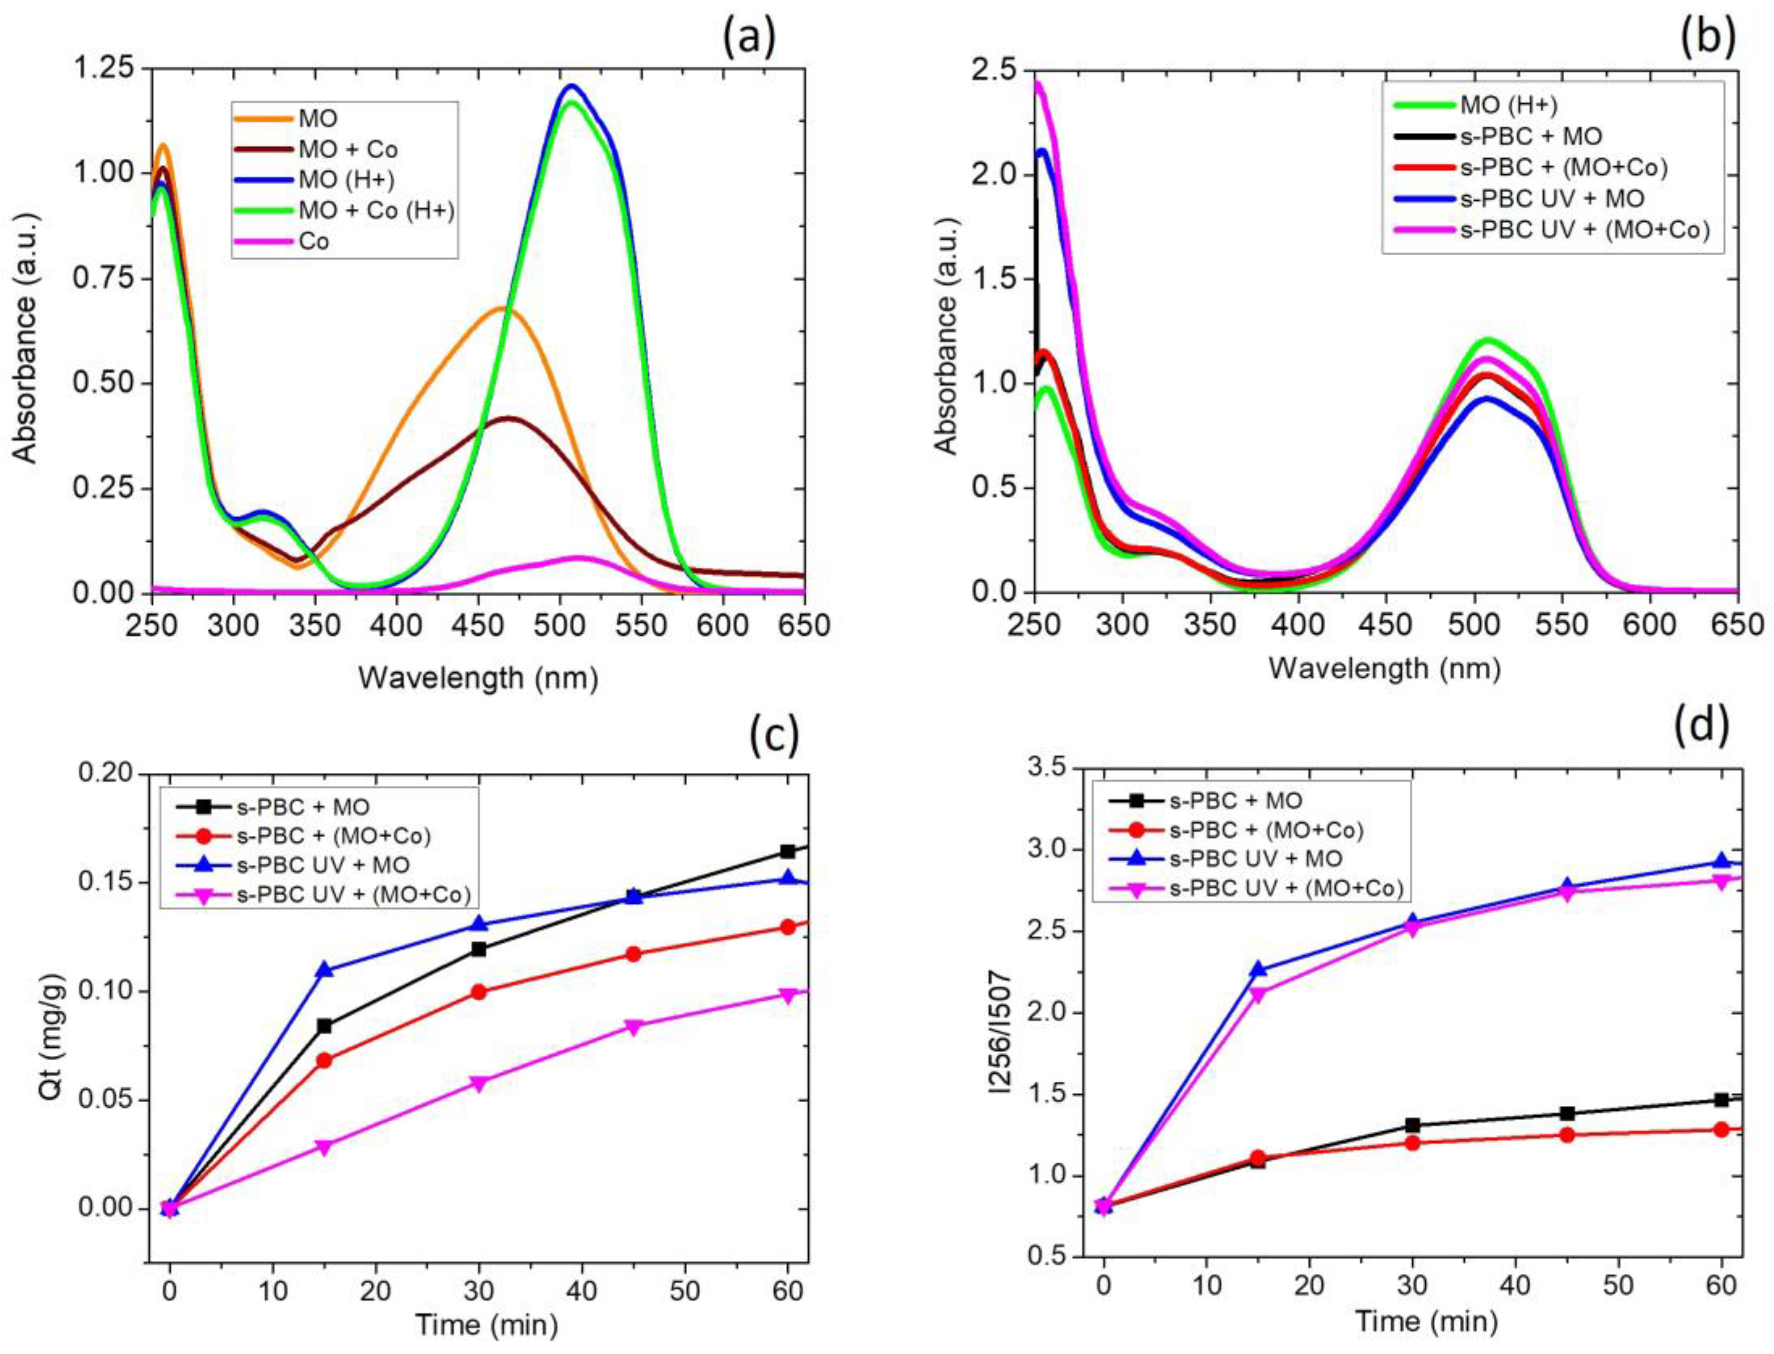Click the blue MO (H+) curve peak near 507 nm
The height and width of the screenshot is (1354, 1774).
coord(572,86)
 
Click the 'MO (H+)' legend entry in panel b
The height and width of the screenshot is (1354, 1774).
coord(1507,105)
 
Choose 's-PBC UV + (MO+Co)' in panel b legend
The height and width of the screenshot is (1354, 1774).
coord(1584,230)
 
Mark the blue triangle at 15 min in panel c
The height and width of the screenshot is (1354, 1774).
coord(324,970)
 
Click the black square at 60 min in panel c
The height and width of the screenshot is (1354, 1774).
coord(788,851)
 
